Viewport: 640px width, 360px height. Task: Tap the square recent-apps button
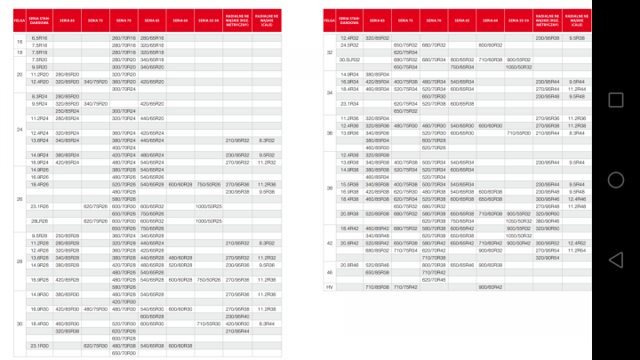pyautogui.click(x=614, y=99)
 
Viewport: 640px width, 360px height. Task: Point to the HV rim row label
pyautogui.click(x=330, y=286)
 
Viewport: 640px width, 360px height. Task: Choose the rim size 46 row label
pyautogui.click(x=330, y=272)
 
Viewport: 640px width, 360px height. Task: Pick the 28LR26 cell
pyautogui.click(x=40, y=220)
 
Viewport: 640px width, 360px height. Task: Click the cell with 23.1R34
pyautogui.click(x=349, y=104)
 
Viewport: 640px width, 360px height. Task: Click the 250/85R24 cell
pyautogui.click(x=68, y=110)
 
